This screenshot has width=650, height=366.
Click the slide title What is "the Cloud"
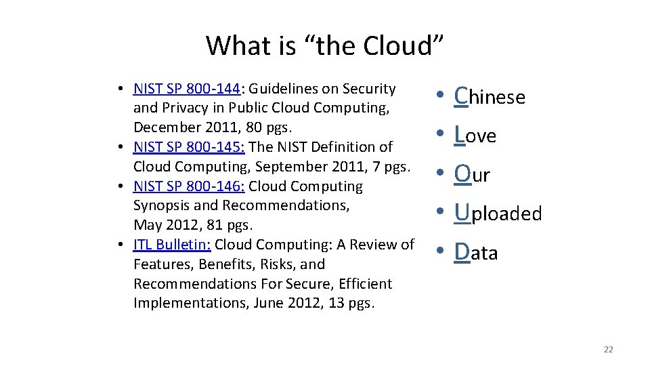pos(325,45)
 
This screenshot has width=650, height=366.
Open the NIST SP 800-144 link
pos(187,89)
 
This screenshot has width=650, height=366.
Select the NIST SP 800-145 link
pos(187,146)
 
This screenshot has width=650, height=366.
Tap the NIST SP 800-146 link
pos(187,186)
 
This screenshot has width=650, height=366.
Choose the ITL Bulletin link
pos(173,245)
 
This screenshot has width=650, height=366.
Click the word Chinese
pos(490,97)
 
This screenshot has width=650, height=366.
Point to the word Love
pos(476,136)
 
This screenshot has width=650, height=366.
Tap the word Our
pos(473,175)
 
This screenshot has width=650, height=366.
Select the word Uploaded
pos(498,213)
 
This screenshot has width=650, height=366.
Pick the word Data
pos(477,253)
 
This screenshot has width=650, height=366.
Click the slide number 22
pos(607,349)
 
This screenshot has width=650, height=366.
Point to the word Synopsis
pos(163,205)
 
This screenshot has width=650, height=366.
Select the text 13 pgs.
pos(350,303)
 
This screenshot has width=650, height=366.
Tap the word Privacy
pos(192,108)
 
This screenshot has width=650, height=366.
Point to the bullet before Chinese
pos(440,98)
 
